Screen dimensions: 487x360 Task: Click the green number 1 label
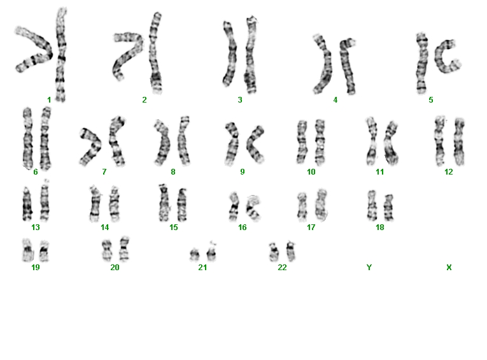point(49,100)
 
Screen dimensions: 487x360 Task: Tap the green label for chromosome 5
point(431,100)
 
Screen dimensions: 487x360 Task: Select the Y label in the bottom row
point(369,268)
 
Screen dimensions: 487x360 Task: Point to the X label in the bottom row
point(449,268)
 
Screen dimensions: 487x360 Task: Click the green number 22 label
point(282,268)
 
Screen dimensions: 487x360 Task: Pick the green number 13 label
point(36,227)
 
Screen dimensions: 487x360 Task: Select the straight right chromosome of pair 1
point(60,54)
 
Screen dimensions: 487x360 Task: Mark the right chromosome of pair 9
point(252,145)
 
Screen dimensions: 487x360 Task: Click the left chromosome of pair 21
point(194,255)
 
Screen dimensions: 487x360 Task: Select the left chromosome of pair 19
point(27,250)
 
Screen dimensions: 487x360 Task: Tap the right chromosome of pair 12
point(460,141)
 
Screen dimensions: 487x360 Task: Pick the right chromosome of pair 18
point(388,207)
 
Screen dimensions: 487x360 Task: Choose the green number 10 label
point(311,172)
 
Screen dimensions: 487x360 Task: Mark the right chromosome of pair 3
point(251,55)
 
